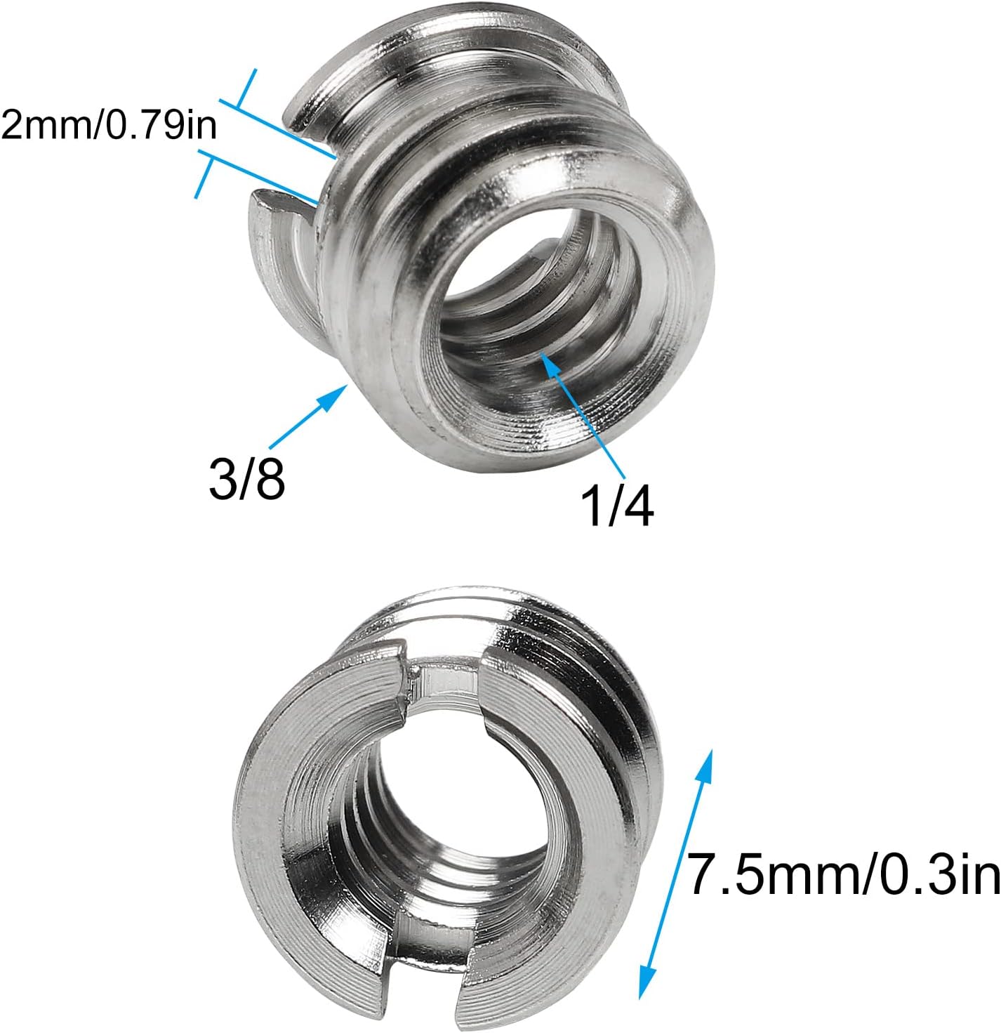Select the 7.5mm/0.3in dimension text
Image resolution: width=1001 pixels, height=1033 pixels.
coord(842,874)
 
